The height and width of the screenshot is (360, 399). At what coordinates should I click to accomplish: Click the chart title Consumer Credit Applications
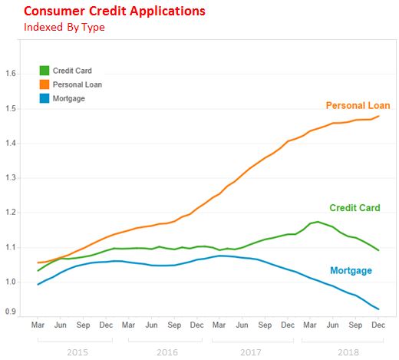point(114,12)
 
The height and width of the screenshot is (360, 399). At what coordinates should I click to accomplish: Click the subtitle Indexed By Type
point(64,28)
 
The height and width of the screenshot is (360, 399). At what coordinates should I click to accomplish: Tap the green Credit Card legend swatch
point(45,71)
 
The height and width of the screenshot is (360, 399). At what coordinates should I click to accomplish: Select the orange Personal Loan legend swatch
point(45,84)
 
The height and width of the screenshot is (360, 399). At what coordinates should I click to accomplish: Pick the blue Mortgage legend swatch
point(45,98)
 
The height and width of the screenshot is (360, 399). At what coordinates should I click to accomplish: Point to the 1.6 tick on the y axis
point(11,74)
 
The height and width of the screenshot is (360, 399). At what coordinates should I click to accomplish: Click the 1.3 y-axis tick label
point(11,177)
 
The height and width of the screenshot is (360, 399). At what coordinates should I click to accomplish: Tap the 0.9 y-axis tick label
point(11,312)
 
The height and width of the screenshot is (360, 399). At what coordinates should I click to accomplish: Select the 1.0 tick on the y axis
point(11,282)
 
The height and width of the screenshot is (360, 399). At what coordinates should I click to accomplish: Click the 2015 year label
point(77,352)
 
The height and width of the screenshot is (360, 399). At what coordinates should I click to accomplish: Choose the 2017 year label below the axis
point(251,352)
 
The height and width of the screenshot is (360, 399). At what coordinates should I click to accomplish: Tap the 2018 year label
point(348,352)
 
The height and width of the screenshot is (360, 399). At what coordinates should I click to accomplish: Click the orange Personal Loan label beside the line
point(358,105)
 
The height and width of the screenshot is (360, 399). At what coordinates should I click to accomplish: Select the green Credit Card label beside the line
point(354,208)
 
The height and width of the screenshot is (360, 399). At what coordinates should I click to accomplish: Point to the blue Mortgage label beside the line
point(351,271)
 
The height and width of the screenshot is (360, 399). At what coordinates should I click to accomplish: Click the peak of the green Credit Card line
point(318,222)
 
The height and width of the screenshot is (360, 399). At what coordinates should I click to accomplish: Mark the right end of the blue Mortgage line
point(378,309)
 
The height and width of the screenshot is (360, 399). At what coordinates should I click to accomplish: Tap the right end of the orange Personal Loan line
point(378,116)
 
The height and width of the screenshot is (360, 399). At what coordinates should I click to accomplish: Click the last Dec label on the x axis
point(378,325)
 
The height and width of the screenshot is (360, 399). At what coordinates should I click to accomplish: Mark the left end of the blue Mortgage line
point(38,284)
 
